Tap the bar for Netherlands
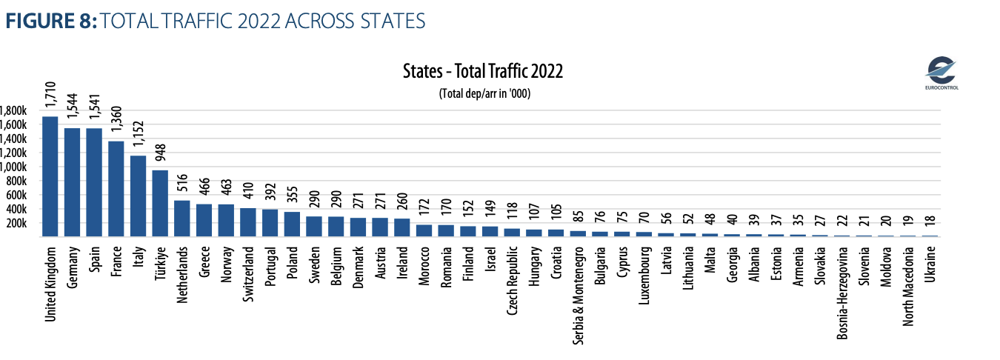[181, 219]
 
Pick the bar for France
[116, 188]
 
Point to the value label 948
[161, 153]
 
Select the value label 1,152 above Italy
[139, 133]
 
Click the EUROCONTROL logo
[941, 75]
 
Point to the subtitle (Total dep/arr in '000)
[485, 93]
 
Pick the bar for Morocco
[424, 230]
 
